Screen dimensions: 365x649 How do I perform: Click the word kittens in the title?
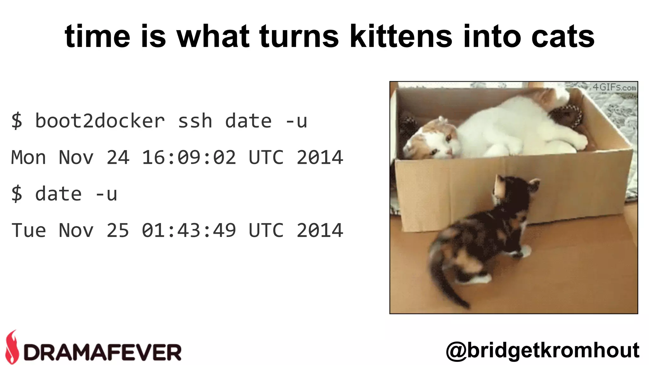(401, 36)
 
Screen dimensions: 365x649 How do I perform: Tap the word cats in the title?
(563, 36)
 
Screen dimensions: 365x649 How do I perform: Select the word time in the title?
(97, 36)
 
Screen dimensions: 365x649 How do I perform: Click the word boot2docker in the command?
(100, 121)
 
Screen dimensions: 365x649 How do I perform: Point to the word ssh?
(195, 121)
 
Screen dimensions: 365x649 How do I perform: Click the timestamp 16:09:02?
(189, 157)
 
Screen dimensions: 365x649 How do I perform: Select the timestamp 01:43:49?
(189, 230)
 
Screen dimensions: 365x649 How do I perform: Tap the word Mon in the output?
(29, 157)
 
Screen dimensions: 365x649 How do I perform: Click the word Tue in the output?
(29, 230)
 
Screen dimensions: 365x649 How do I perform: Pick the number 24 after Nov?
(118, 157)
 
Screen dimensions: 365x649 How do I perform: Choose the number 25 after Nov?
(118, 230)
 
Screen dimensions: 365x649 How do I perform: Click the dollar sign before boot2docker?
(16, 121)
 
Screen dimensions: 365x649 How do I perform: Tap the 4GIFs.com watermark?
(614, 87)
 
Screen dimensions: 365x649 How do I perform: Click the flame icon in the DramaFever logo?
(12, 347)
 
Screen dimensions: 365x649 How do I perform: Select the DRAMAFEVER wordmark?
(102, 352)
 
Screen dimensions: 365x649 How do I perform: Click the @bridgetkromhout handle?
(543, 350)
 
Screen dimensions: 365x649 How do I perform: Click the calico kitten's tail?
(444, 279)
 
